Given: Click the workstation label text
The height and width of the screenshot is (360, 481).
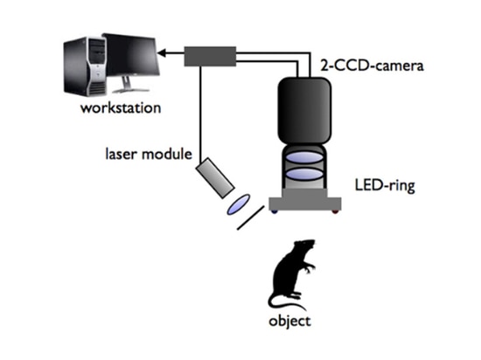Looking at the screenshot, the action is [121, 108].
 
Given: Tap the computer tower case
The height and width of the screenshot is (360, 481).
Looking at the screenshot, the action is [85, 66].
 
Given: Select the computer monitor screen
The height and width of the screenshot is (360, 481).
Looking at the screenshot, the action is [131, 54].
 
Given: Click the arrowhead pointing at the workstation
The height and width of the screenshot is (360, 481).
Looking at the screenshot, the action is [162, 53].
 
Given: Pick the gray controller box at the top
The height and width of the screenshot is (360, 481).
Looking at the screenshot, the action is [210, 56].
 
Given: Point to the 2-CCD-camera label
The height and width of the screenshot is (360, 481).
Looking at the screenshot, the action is [372, 66].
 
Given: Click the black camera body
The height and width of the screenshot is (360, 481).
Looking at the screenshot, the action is [304, 111].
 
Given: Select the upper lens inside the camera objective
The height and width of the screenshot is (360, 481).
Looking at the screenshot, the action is [304, 157].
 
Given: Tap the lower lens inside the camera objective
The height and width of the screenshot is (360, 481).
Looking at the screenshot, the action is [304, 174].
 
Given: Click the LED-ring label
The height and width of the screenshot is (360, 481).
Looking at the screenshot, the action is [385, 185].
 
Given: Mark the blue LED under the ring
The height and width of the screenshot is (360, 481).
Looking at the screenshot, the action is [274, 211].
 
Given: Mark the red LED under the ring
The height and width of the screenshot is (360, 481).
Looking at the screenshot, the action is [336, 211].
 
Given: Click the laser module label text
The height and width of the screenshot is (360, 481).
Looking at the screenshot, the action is [149, 154].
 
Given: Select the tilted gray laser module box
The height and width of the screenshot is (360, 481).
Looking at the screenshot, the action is [215, 178].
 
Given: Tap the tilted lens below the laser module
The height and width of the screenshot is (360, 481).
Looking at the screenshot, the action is [239, 204].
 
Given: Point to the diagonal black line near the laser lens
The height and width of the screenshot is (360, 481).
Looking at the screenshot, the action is [251, 218].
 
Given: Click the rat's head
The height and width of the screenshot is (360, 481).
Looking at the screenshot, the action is [305, 246].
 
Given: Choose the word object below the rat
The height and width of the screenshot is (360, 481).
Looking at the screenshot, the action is [289, 322].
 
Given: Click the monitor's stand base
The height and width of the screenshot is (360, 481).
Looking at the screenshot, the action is [130, 91].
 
